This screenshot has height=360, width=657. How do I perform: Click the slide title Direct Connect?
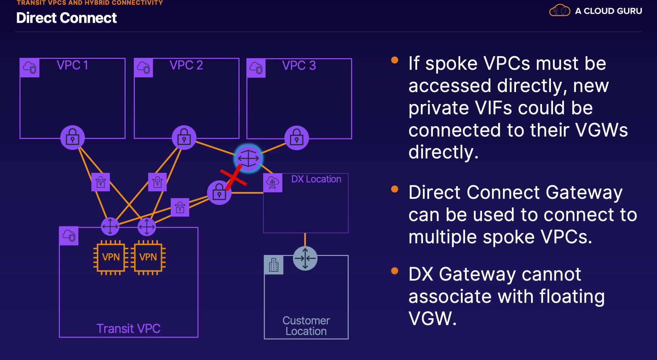(x=66, y=18)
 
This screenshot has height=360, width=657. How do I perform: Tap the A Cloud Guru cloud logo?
(x=559, y=10)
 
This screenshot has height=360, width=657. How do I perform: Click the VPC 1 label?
(x=72, y=65)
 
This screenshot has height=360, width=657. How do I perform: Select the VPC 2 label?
(x=186, y=65)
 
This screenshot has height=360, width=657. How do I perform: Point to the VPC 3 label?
(x=299, y=65)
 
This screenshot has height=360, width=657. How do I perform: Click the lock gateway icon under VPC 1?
(x=73, y=138)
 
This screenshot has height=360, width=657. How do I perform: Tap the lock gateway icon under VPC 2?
(x=184, y=138)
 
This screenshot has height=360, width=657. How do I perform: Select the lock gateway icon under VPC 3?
(x=297, y=138)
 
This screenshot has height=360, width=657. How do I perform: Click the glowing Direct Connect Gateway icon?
(x=248, y=158)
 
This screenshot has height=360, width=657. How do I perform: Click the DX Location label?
(x=316, y=179)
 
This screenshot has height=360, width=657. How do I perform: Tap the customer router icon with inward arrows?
(x=305, y=258)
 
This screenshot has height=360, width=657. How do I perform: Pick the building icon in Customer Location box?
(x=274, y=265)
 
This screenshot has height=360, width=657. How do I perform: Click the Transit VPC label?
(x=129, y=329)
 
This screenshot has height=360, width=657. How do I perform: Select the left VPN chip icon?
(x=111, y=257)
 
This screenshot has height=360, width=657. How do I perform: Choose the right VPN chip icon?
(x=148, y=257)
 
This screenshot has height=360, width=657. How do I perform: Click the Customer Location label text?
(x=306, y=326)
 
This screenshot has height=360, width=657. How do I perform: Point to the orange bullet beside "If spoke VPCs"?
(x=395, y=60)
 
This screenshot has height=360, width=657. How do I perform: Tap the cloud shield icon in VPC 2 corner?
(x=144, y=68)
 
